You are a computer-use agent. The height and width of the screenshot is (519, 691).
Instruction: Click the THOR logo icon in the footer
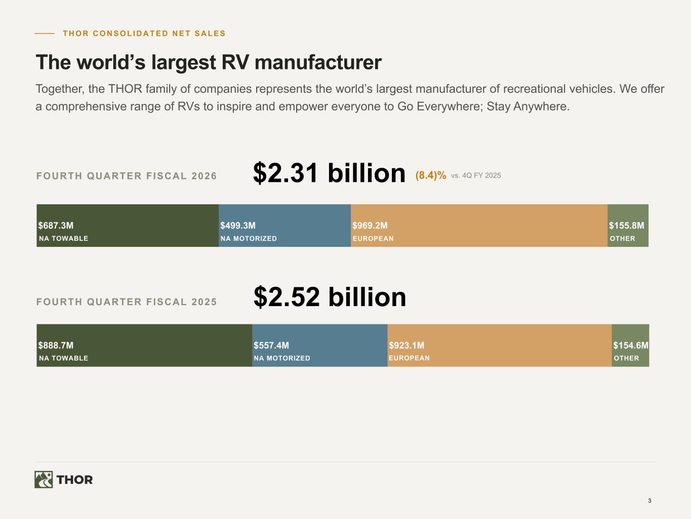tap(44, 479)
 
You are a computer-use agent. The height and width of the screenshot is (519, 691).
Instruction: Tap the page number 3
tap(649, 500)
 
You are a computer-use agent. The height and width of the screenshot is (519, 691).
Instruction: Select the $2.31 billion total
tap(329, 173)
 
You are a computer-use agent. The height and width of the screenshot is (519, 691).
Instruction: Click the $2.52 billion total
tap(330, 296)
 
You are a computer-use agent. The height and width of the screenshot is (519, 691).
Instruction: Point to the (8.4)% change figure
tap(431, 175)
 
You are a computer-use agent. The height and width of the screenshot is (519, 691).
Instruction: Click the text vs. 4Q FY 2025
tap(476, 175)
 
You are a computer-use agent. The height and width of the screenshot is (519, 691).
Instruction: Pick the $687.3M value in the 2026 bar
tap(56, 226)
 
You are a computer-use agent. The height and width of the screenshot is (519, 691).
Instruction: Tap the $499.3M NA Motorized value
tap(238, 226)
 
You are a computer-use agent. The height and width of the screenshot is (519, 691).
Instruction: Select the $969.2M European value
tap(370, 226)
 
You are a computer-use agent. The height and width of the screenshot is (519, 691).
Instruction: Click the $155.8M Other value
tap(627, 226)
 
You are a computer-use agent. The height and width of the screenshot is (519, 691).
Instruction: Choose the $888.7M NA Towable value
tap(56, 345)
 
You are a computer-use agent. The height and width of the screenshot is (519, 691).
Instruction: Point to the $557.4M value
tap(271, 345)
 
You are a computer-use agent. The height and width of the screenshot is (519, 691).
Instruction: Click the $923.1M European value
tap(407, 345)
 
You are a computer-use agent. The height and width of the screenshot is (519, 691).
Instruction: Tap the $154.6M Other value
tap(631, 345)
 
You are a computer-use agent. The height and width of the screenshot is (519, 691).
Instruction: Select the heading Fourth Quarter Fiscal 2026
tap(127, 176)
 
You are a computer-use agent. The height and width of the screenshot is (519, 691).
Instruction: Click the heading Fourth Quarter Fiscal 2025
tap(127, 302)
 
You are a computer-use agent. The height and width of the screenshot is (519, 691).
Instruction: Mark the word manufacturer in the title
tap(318, 62)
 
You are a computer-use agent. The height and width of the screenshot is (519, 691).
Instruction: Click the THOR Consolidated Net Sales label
tap(144, 33)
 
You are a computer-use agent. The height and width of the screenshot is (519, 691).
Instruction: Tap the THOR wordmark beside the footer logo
tap(74, 479)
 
